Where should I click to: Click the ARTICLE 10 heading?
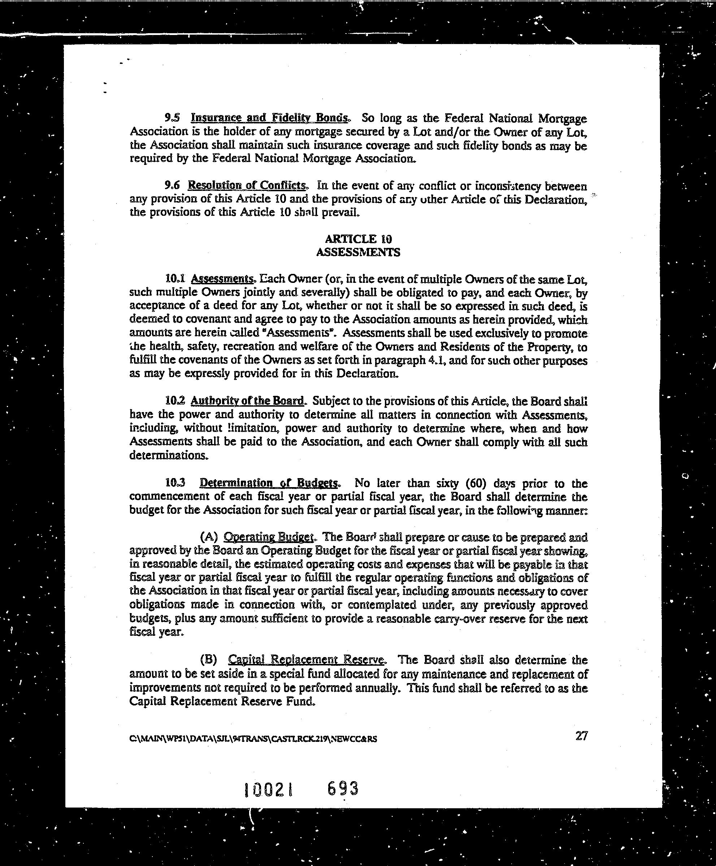pyautogui.click(x=358, y=239)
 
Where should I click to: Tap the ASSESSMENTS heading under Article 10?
pyautogui.click(x=358, y=252)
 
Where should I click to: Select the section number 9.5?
pyautogui.click(x=172, y=118)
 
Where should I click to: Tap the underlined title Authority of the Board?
pyautogui.click(x=247, y=400)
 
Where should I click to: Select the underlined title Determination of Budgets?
pyautogui.click(x=269, y=483)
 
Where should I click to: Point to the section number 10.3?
pyautogui.click(x=175, y=482)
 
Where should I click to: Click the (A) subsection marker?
pyautogui.click(x=208, y=537)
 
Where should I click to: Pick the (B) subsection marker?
pyautogui.click(x=208, y=660)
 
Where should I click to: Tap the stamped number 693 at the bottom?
pyautogui.click(x=342, y=788)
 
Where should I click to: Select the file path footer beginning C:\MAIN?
pyautogui.click(x=253, y=739)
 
